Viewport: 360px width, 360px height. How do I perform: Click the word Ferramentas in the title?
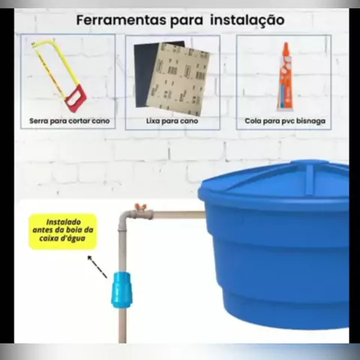pyautogui.click(x=121, y=20)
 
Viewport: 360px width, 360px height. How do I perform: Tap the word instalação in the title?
pyautogui.click(x=247, y=20)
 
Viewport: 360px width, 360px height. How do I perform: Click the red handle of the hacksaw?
pyautogui.click(x=76, y=98)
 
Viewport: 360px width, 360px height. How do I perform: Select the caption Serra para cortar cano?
pyautogui.click(x=70, y=121)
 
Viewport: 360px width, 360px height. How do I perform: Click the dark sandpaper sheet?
pyautogui.click(x=145, y=73)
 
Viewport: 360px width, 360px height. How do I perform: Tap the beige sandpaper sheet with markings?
pyautogui.click(x=179, y=79)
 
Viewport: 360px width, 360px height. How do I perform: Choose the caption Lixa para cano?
pyautogui.click(x=172, y=121)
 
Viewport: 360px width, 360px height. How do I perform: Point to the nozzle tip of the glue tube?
pyautogui.click(x=286, y=43)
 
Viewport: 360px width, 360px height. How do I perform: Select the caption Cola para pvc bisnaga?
pyautogui.click(x=285, y=121)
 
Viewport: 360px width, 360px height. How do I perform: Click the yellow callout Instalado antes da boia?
pyautogui.click(x=63, y=231)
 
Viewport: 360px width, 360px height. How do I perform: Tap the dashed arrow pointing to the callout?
pyautogui.click(x=97, y=267)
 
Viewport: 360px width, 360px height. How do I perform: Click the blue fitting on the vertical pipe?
pyautogui.click(x=121, y=290)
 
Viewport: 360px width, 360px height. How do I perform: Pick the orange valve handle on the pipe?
pyautogui.click(x=140, y=207)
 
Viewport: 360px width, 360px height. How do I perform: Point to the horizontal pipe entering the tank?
pyautogui.click(x=179, y=214)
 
